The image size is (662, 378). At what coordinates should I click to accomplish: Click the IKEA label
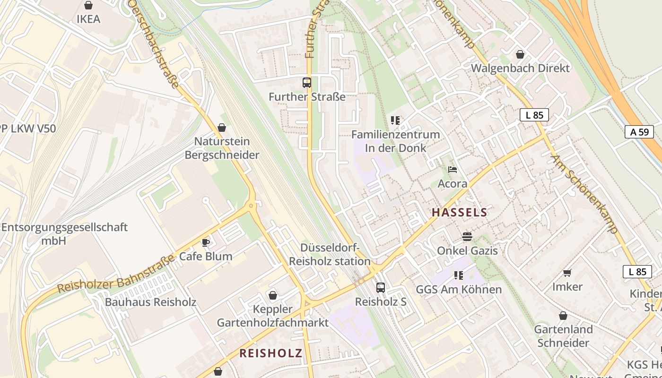[88, 19]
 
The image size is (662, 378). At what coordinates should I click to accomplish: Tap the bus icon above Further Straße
[307, 83]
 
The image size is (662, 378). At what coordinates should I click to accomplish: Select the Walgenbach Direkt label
[520, 68]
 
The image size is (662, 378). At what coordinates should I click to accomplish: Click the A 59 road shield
[639, 132]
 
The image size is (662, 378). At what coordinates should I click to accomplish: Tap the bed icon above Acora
[453, 170]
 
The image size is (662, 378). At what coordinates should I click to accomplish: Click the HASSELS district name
[459, 213]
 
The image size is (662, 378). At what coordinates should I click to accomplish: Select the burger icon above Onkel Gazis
[467, 236]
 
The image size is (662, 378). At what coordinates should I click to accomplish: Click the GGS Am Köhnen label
[458, 289]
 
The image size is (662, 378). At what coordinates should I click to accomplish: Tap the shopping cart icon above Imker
[567, 273]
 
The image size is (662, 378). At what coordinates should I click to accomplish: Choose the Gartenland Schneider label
[563, 336]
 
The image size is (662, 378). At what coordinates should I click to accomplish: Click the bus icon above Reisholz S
[380, 287]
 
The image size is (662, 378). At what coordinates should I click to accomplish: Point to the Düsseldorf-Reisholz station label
[330, 255]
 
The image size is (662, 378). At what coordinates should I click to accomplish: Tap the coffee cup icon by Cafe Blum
[206, 242]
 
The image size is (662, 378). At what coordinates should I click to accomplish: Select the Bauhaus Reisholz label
[150, 302]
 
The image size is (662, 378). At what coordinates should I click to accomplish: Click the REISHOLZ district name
[270, 353]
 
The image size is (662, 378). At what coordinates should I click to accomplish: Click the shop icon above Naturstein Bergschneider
[222, 128]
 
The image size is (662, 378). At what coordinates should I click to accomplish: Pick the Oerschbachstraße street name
[154, 43]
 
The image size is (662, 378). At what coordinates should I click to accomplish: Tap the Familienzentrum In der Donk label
[395, 141]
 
